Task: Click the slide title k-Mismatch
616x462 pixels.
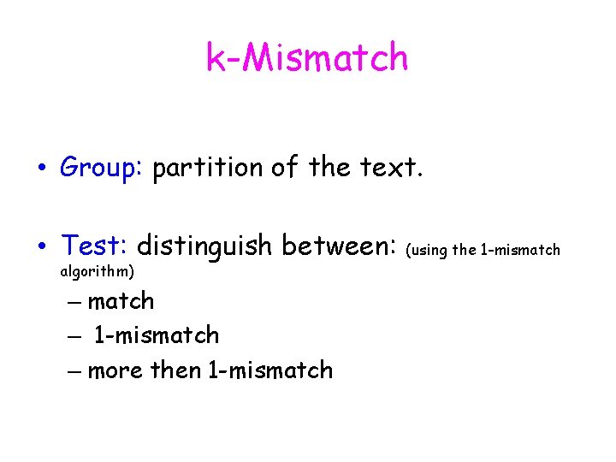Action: tap(307, 58)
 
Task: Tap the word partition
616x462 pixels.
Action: tap(208, 168)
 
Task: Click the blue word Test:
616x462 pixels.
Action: tap(94, 246)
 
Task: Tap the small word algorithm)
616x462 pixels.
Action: tap(97, 272)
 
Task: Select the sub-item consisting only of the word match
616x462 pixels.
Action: tap(121, 301)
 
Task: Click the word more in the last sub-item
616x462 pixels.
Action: tap(115, 370)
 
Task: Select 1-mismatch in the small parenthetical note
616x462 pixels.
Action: tap(520, 250)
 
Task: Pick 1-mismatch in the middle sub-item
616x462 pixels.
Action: tap(156, 335)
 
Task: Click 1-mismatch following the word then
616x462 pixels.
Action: tap(270, 370)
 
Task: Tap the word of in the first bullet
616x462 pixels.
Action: tap(283, 168)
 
